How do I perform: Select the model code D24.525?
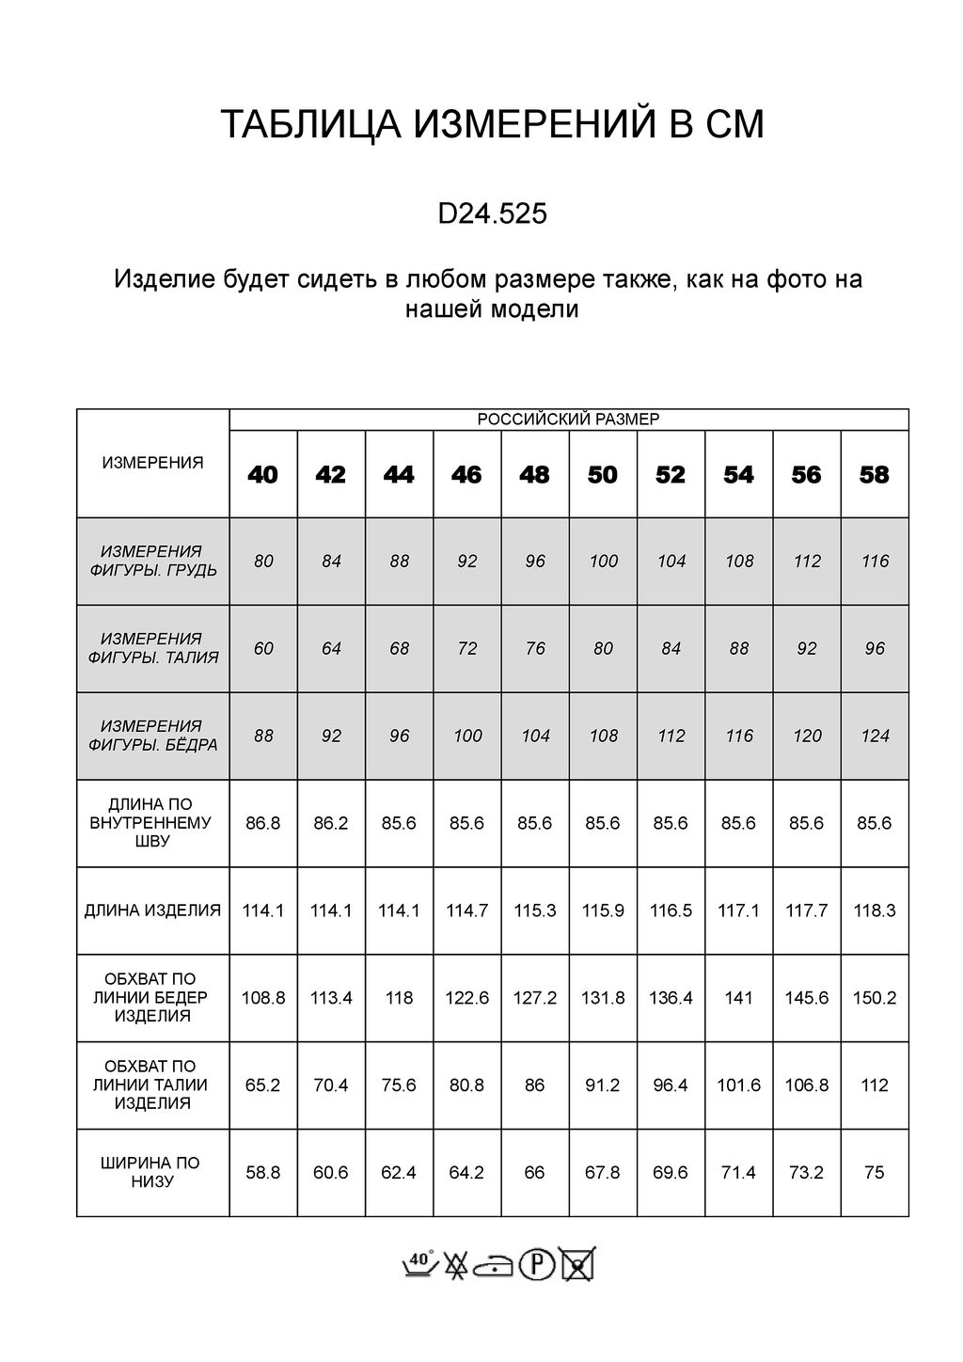click(492, 215)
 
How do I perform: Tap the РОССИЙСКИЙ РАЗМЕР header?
click(569, 420)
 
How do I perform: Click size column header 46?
click(466, 475)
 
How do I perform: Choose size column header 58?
click(874, 475)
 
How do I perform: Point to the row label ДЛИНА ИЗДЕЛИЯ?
click(153, 911)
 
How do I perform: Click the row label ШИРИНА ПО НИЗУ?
click(153, 1172)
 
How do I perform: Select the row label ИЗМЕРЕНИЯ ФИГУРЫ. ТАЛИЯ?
click(153, 648)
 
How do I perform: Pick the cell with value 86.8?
click(263, 823)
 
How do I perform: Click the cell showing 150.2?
click(874, 998)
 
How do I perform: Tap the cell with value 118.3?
click(874, 911)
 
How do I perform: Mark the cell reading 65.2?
click(263, 1085)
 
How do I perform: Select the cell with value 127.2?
click(535, 998)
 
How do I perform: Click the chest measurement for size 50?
click(603, 562)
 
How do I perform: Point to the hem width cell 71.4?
click(738, 1173)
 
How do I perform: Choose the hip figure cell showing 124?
click(875, 736)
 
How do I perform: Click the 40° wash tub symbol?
click(420, 1264)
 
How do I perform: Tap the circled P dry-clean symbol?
click(537, 1264)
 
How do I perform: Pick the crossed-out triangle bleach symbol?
click(457, 1264)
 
